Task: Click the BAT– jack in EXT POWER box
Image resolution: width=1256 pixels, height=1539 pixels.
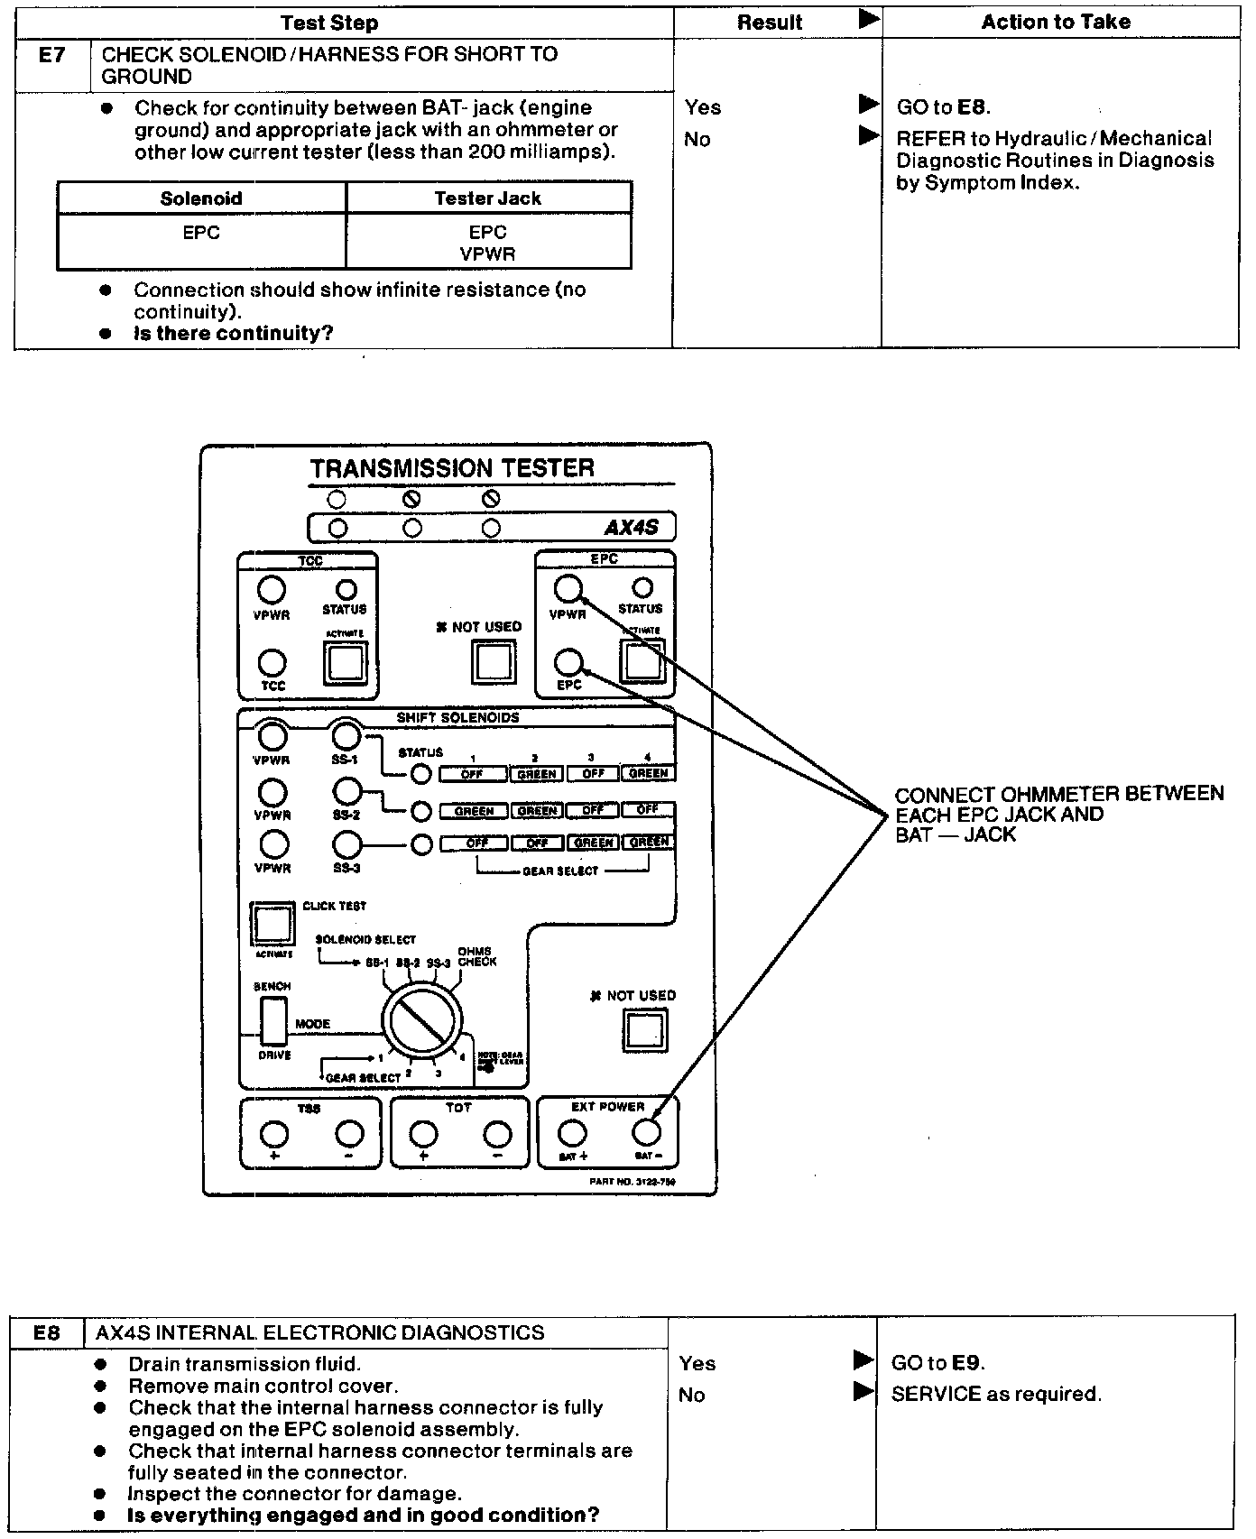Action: (647, 1131)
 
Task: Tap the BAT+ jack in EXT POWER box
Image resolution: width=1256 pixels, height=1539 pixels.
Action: (572, 1131)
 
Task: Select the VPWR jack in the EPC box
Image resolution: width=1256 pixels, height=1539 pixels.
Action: (568, 589)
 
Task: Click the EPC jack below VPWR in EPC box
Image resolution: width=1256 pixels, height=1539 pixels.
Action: (568, 662)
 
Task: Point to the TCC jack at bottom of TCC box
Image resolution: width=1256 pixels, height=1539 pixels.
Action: (272, 663)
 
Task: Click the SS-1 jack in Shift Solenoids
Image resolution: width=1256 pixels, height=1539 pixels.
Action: (346, 735)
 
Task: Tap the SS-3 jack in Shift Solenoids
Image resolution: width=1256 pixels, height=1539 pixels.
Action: (347, 845)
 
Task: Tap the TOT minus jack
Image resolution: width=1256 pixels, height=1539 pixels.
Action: (497, 1134)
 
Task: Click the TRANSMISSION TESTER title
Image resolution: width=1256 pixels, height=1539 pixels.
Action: (452, 468)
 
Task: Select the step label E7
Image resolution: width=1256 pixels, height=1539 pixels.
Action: (52, 55)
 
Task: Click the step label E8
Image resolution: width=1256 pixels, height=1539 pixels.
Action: (46, 1332)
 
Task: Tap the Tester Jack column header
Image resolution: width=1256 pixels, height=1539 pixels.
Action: (487, 198)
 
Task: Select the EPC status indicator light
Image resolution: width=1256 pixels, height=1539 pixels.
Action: (642, 588)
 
